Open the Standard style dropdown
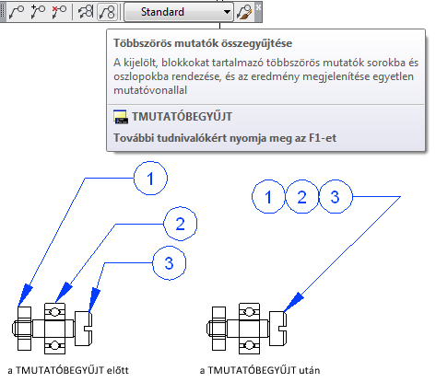coord(179,12)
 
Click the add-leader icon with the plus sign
coord(38,12)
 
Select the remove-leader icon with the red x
coord(59,12)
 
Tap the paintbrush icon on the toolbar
coord(244,12)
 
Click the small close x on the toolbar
coord(259,6)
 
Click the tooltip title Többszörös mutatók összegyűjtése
coord(203,43)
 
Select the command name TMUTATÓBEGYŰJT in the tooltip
coord(183,117)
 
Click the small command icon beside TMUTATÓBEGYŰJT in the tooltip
coord(121,117)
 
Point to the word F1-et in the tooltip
coord(323,138)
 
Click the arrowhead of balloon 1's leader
coord(25,295)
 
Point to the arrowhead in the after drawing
coord(293,302)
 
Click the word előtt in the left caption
coord(118,370)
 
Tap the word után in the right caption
coord(310,370)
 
